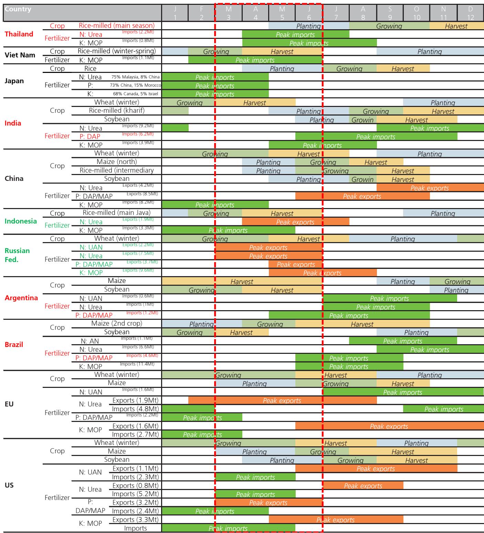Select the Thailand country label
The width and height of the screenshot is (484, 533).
point(19,34)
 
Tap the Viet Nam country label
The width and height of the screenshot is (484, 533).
point(20,55)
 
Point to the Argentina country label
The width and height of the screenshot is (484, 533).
point(21,298)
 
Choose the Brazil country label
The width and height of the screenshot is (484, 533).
point(14,345)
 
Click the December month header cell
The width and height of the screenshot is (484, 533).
point(471,13)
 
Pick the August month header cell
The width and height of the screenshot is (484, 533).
point(363,13)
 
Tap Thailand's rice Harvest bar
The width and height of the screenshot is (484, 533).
point(456,26)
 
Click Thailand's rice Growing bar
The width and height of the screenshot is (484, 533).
point(389,26)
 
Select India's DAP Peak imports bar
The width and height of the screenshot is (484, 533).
point(376,137)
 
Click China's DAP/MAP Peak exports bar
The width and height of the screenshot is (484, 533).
point(362,196)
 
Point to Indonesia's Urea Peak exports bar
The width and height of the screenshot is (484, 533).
point(295,222)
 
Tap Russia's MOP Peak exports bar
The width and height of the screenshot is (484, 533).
point(323,273)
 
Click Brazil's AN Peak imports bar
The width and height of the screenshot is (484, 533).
point(403,341)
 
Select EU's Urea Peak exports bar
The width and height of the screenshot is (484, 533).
point(282,400)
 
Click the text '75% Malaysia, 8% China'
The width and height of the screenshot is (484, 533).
point(135,77)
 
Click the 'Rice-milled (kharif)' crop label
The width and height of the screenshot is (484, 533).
point(117,111)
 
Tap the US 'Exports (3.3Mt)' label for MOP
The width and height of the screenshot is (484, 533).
point(136,520)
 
